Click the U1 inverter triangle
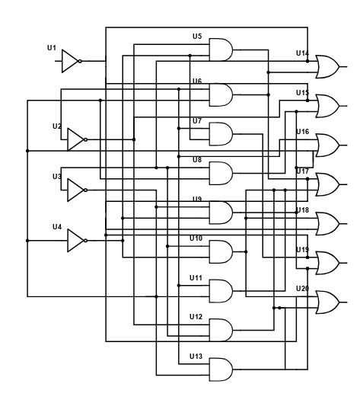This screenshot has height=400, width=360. (70, 61)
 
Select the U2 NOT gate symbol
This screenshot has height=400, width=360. (75, 139)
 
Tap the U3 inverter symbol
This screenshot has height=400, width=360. (75, 190)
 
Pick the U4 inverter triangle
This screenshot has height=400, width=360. (75, 241)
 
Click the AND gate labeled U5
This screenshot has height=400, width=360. (221, 50)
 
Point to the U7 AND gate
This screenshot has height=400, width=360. (221, 134)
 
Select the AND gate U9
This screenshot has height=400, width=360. (221, 213)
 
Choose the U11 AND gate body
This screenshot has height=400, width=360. (221, 291)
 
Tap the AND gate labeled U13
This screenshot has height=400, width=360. (221, 370)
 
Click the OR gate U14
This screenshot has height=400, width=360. (327, 67)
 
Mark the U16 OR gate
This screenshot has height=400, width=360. (327, 146)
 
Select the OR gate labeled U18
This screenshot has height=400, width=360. (327, 224)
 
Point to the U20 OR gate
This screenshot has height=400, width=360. (327, 302)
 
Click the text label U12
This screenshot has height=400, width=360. (196, 317)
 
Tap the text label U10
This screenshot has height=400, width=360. (196, 238)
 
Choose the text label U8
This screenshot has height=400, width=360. (197, 160)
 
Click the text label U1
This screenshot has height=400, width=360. (52, 48)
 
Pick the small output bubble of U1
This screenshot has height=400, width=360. (80, 61)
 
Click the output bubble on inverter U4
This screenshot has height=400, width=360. (85, 241)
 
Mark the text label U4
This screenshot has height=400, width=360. (57, 227)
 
